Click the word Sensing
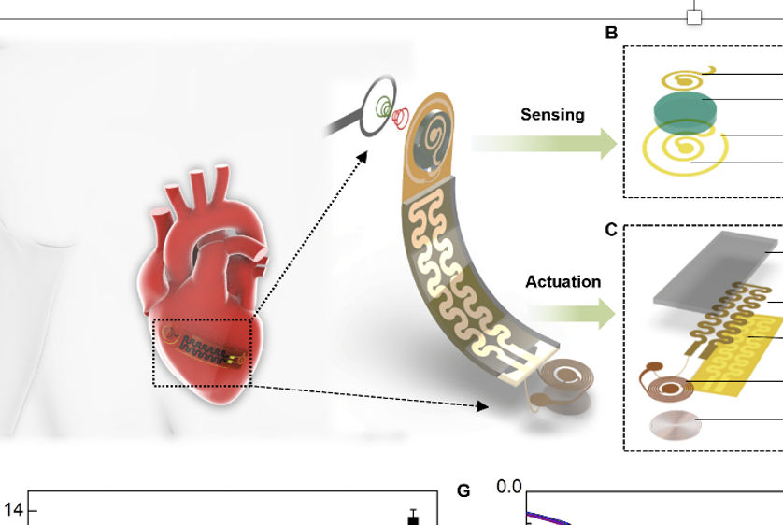(552, 115)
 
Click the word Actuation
(562, 281)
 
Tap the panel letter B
(611, 34)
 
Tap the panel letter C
(611, 230)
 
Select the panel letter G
(463, 491)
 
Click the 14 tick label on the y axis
(14, 510)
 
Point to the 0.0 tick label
(508, 487)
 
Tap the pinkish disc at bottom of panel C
(675, 426)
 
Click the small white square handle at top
(693, 18)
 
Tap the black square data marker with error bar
(412, 518)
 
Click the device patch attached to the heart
(203, 351)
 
